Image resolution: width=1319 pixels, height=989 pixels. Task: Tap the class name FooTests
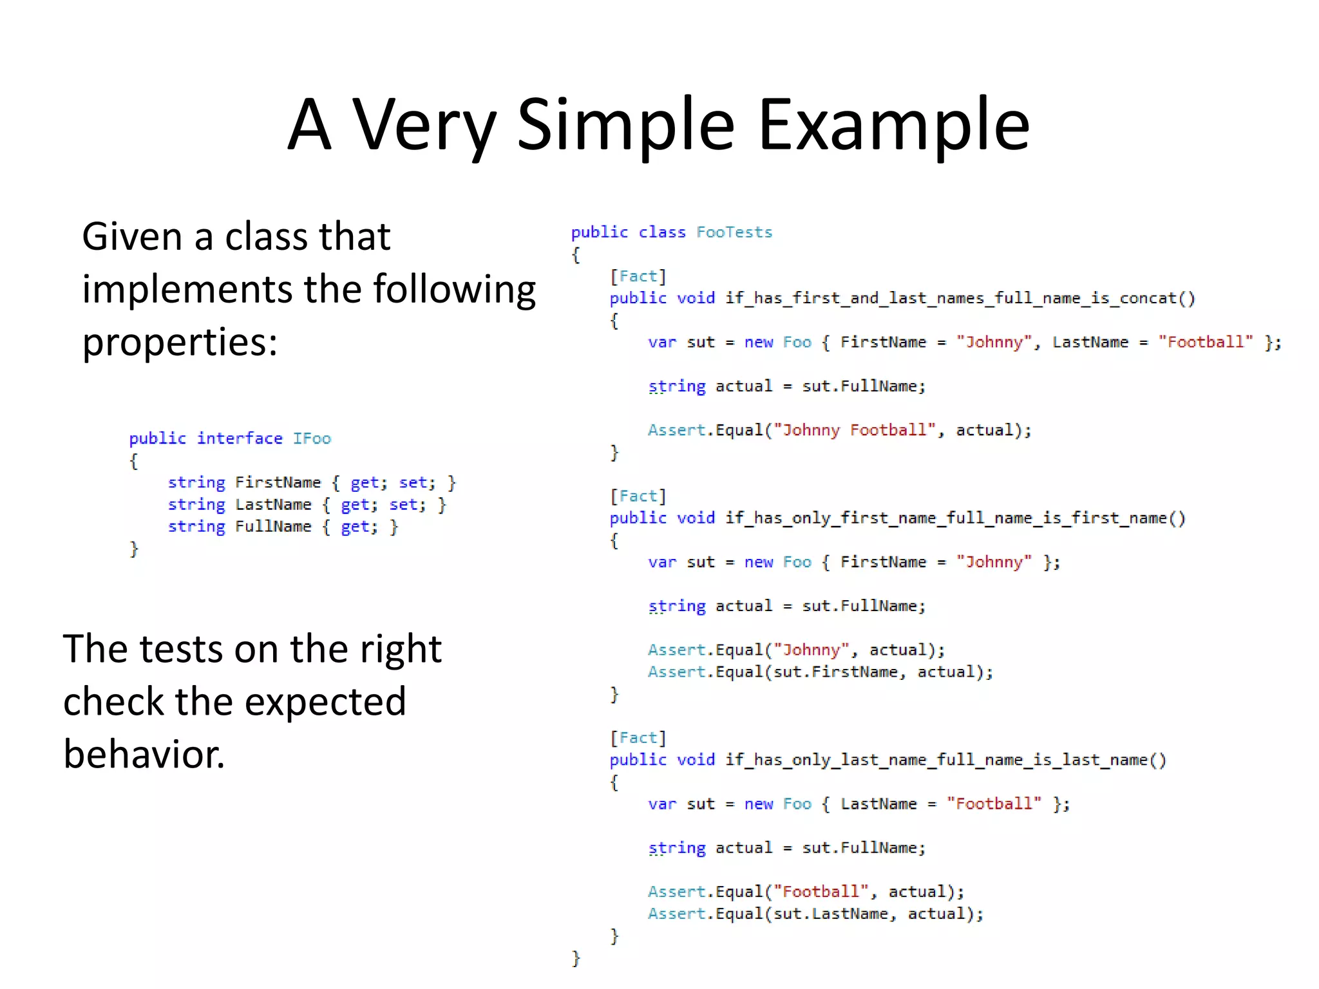[734, 232]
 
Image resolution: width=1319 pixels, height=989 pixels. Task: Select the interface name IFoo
[312, 438]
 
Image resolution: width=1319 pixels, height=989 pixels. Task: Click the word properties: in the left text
[180, 343]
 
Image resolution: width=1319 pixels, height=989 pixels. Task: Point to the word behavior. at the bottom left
[144, 754]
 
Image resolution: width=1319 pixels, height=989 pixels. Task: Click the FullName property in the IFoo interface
[273, 527]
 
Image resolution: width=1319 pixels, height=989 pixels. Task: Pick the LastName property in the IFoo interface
[273, 505]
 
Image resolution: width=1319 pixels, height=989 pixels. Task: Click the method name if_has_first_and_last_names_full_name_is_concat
[960, 299]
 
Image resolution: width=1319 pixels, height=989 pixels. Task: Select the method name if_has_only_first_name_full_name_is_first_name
[955, 518]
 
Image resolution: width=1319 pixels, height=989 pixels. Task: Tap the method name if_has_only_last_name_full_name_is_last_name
[945, 760]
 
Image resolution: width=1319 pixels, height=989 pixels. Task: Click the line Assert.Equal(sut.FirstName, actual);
[821, 672]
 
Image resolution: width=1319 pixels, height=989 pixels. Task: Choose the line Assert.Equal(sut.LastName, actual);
[815, 914]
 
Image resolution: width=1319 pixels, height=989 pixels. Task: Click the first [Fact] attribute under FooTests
[638, 277]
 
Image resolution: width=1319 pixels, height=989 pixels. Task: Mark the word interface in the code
[240, 438]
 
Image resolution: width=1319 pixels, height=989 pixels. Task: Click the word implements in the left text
[187, 289]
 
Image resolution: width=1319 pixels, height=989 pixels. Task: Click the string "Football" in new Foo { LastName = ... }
[994, 804]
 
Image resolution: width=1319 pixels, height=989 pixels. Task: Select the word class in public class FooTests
[662, 232]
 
